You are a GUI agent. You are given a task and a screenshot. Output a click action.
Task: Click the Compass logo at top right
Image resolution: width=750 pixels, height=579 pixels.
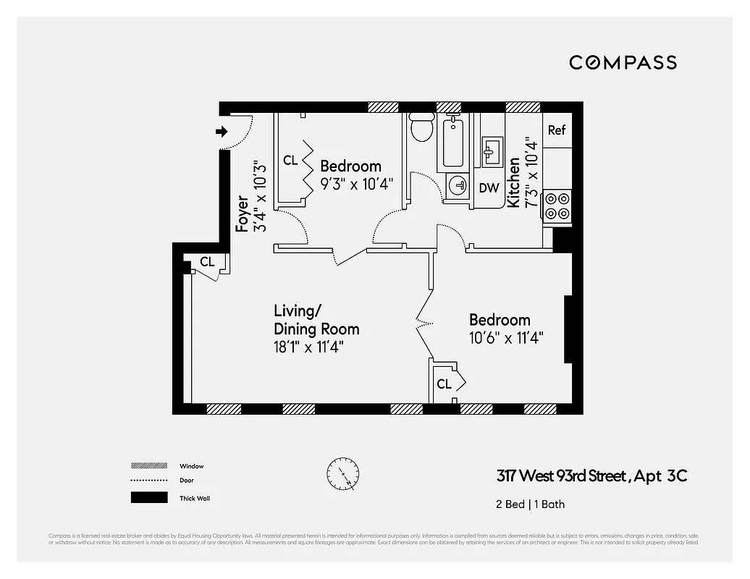tap(623, 62)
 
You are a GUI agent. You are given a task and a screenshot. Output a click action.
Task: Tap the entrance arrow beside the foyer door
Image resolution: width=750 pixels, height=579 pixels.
tap(222, 132)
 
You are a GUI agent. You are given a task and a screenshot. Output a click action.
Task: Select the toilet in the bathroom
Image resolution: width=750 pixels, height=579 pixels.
tap(421, 128)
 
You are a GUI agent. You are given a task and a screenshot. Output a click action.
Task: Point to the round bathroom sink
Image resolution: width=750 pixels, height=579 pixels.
tap(458, 186)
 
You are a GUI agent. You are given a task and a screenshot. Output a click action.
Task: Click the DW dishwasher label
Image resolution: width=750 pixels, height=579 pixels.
tap(489, 188)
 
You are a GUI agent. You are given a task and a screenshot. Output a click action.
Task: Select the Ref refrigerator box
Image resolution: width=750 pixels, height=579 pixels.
tap(556, 130)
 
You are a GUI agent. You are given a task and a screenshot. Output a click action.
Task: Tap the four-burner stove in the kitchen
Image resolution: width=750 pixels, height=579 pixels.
tap(556, 205)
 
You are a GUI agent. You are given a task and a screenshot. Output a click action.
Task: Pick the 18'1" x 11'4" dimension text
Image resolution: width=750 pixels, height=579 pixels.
tap(308, 347)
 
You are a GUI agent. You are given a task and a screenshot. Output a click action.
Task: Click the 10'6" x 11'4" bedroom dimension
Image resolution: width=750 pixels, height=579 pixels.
tap(506, 337)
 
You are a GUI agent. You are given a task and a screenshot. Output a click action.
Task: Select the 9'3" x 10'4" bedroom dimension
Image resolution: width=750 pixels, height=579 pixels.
tap(355, 184)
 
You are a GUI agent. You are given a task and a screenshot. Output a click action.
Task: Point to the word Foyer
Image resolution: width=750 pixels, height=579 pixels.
tap(243, 213)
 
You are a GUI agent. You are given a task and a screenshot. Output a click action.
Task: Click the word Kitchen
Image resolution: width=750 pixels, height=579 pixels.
tap(514, 182)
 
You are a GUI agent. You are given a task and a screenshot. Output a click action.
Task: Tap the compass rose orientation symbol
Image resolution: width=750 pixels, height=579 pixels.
tap(342, 475)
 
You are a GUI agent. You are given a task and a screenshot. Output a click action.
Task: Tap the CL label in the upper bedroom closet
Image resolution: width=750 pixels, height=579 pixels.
tap(290, 161)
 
